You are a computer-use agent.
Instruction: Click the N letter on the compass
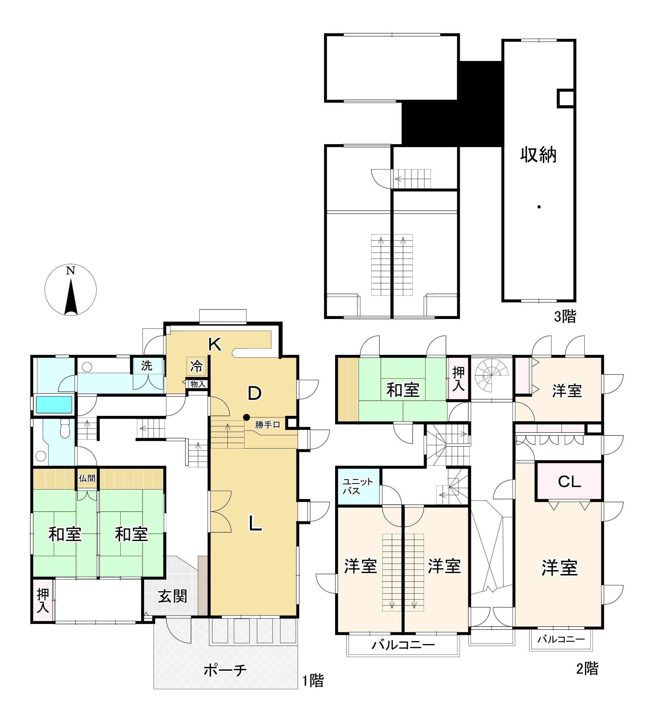(x=70, y=271)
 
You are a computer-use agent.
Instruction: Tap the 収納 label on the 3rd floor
(x=538, y=155)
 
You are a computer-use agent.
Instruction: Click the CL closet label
(x=569, y=482)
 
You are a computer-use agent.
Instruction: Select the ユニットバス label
(x=358, y=486)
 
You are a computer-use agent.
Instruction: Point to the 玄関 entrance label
(x=173, y=596)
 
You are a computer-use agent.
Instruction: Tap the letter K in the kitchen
(x=215, y=344)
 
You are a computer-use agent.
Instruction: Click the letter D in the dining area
(x=255, y=393)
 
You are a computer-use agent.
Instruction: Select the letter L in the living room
(x=255, y=523)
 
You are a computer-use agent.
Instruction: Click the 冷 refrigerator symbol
(x=196, y=366)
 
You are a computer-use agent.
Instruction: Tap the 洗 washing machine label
(x=147, y=366)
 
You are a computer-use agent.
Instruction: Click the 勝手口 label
(x=267, y=425)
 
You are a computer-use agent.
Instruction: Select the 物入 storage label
(x=198, y=384)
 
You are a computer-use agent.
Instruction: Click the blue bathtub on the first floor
(x=54, y=405)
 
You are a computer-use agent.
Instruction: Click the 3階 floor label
(x=565, y=317)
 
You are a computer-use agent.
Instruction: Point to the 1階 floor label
(x=313, y=681)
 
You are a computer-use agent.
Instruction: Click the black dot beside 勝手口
(x=246, y=417)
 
